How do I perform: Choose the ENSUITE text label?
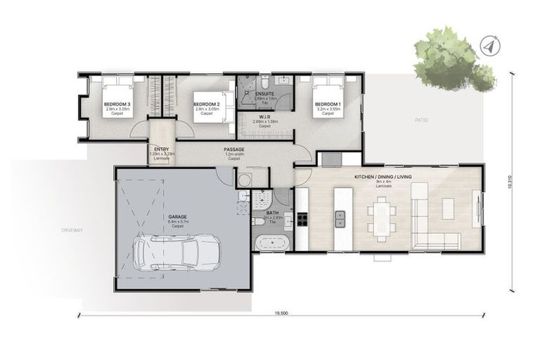[265, 94]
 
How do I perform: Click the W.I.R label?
[265, 117]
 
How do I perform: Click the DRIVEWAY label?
[72, 230]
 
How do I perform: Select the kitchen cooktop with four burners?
[303, 217]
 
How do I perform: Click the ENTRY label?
[161, 149]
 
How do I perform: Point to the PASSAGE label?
[233, 150]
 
